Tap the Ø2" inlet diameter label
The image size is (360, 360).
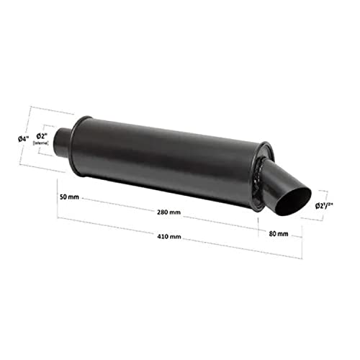click(x=42, y=136)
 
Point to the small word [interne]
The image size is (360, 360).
click(x=40, y=143)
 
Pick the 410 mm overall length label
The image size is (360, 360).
click(x=168, y=236)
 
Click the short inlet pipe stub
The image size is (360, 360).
click(x=64, y=136)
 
